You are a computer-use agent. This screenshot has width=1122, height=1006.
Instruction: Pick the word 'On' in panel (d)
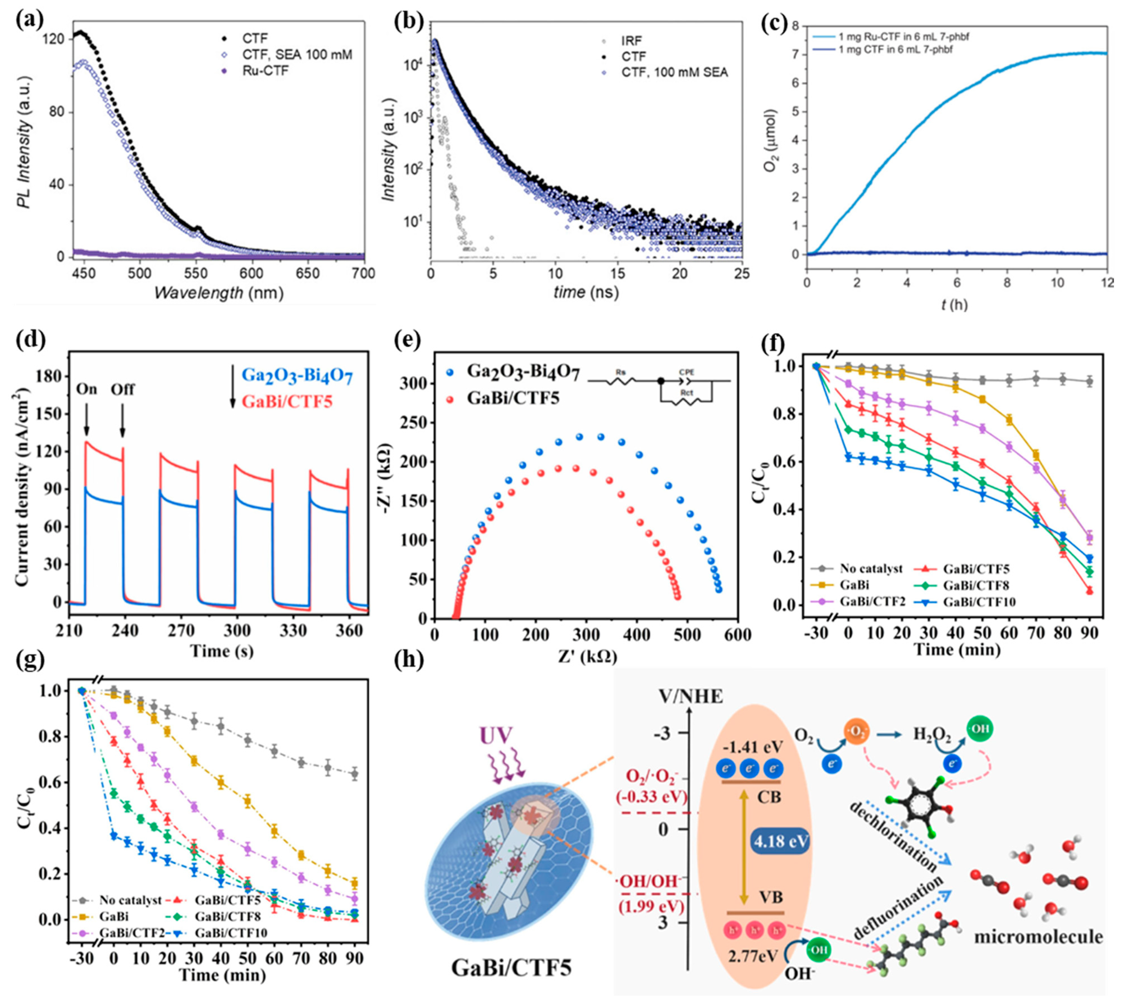(87, 389)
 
